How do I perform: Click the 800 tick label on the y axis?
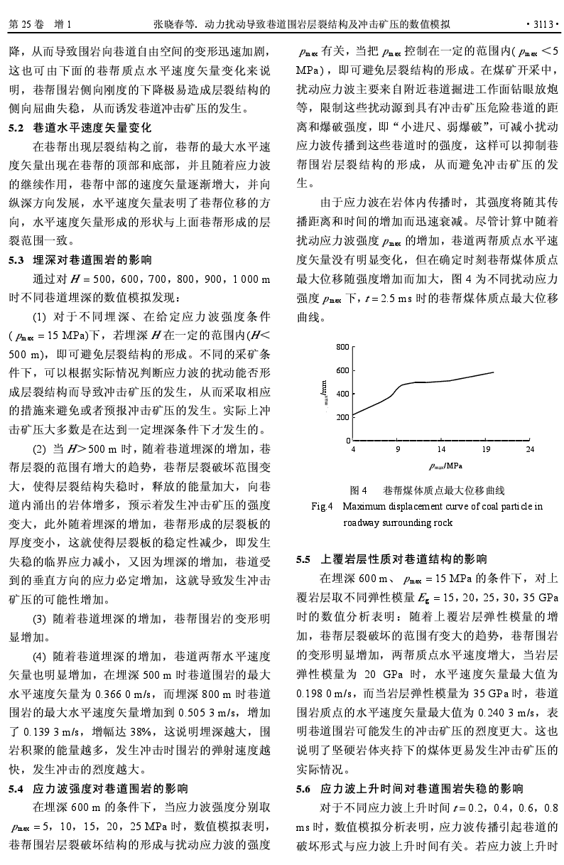342,347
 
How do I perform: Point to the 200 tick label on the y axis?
342,417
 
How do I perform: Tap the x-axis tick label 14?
441,449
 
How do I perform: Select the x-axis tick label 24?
530,449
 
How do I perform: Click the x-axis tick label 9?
398,449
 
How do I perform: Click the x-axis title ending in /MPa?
445,466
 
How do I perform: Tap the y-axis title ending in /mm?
324,392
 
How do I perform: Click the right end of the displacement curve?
493,372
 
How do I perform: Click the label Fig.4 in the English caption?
322,507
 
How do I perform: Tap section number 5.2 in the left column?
16,129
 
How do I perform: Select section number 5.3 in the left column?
16,260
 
